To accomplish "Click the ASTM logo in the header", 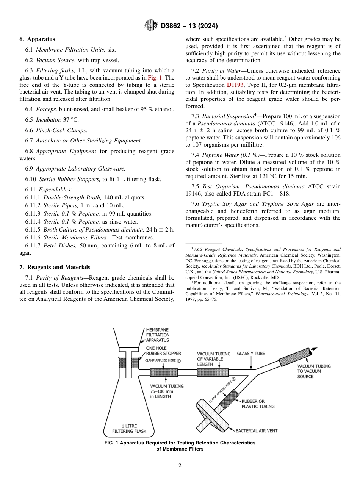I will [151, 26].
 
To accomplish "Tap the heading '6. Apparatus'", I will [37, 39].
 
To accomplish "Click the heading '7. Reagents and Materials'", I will [55, 267].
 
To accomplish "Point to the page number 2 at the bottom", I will [180, 466].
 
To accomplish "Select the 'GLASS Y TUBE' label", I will [251, 354].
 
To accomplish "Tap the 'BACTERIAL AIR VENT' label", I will [257, 431].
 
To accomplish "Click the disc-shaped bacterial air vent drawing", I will [210, 410].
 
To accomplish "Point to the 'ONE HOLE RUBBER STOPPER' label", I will [163, 351].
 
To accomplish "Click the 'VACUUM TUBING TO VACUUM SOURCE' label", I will [314, 371].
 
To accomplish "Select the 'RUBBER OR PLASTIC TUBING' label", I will [258, 404].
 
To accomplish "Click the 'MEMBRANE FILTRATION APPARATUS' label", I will [158, 335].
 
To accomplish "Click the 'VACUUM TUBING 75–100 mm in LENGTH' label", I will [167, 391].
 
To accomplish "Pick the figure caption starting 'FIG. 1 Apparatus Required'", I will [180, 446].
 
